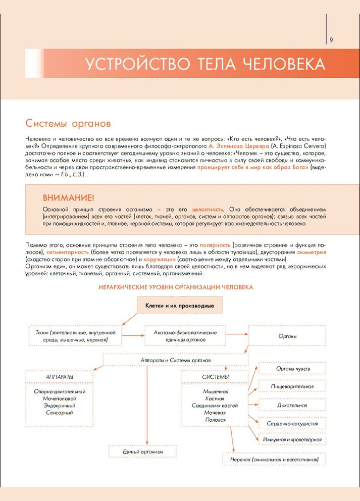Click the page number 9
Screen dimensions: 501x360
pyautogui.click(x=331, y=40)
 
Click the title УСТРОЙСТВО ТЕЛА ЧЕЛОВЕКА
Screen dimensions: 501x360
pyautogui.click(x=204, y=65)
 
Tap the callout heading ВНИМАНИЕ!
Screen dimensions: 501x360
pyautogui.click(x=68, y=197)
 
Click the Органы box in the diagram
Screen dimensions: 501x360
pyautogui.click(x=287, y=336)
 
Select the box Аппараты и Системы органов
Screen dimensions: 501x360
pyautogui.click(x=176, y=360)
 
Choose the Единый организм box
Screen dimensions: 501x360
pyautogui.click(x=143, y=451)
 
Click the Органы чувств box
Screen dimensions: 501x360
pyautogui.click(x=292, y=369)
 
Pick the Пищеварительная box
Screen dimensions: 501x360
pyautogui.click(x=292, y=387)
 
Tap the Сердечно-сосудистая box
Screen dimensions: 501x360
pyautogui.click(x=292, y=423)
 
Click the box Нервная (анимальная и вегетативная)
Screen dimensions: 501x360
pyautogui.click(x=274, y=459)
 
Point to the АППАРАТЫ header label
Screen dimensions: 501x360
pyautogui.click(x=60, y=377)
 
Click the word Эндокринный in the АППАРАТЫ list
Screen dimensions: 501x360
pyautogui.click(x=60, y=406)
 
